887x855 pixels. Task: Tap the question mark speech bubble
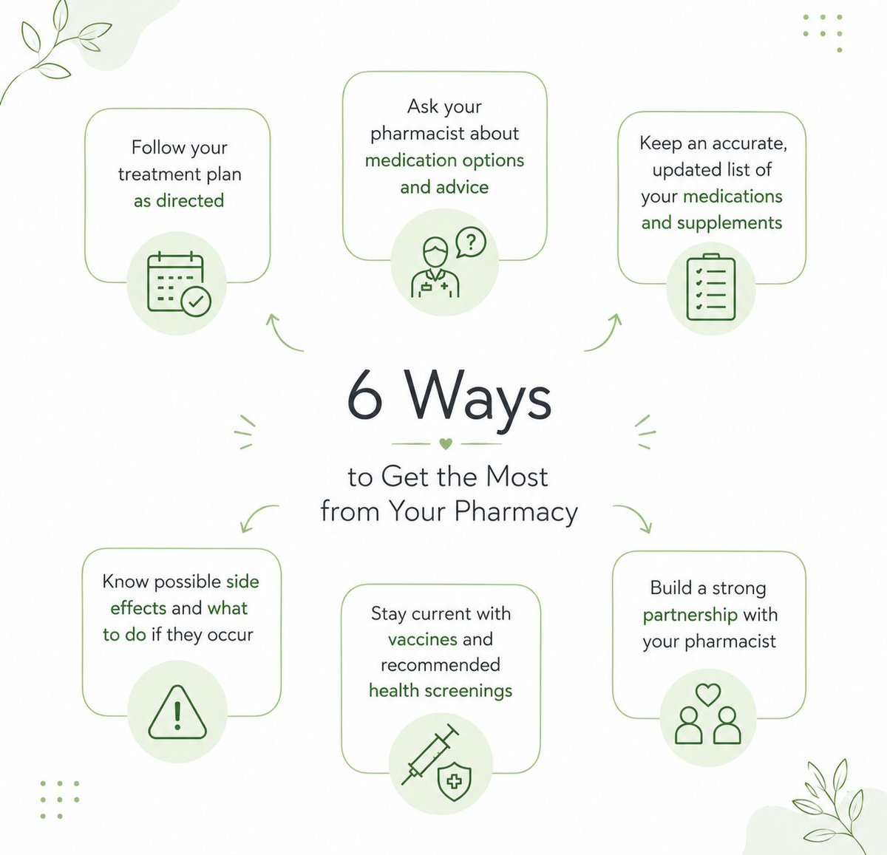471,242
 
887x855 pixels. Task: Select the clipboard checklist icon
710,287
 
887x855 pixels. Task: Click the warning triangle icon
177,712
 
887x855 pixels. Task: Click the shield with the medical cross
455,782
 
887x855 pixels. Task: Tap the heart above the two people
708,695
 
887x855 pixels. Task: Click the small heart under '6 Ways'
446,443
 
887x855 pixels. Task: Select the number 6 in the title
364,394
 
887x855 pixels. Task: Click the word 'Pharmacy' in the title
516,512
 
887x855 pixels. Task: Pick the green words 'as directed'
179,200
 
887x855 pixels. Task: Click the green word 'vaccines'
422,639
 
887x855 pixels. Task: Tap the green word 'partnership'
690,616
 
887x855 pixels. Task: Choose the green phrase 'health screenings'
441,691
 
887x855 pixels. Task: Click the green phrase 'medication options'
444,161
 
